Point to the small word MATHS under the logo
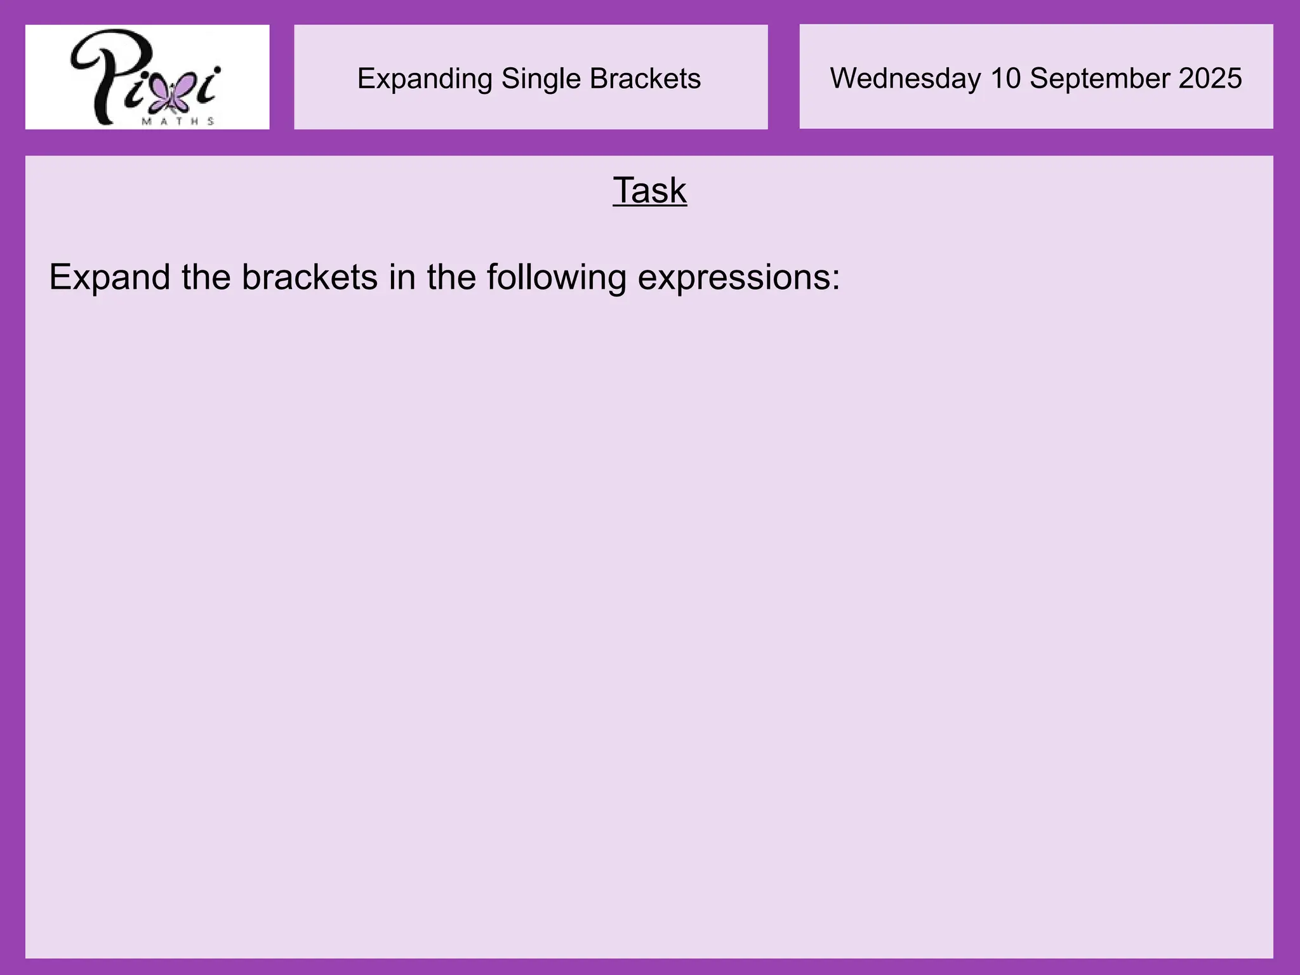coord(178,121)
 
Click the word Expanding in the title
coord(425,79)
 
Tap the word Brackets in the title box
coord(645,79)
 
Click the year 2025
coord(1210,78)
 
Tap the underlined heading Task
coord(649,190)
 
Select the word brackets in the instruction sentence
coord(310,277)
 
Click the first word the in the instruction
coord(206,277)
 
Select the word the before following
coord(451,277)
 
